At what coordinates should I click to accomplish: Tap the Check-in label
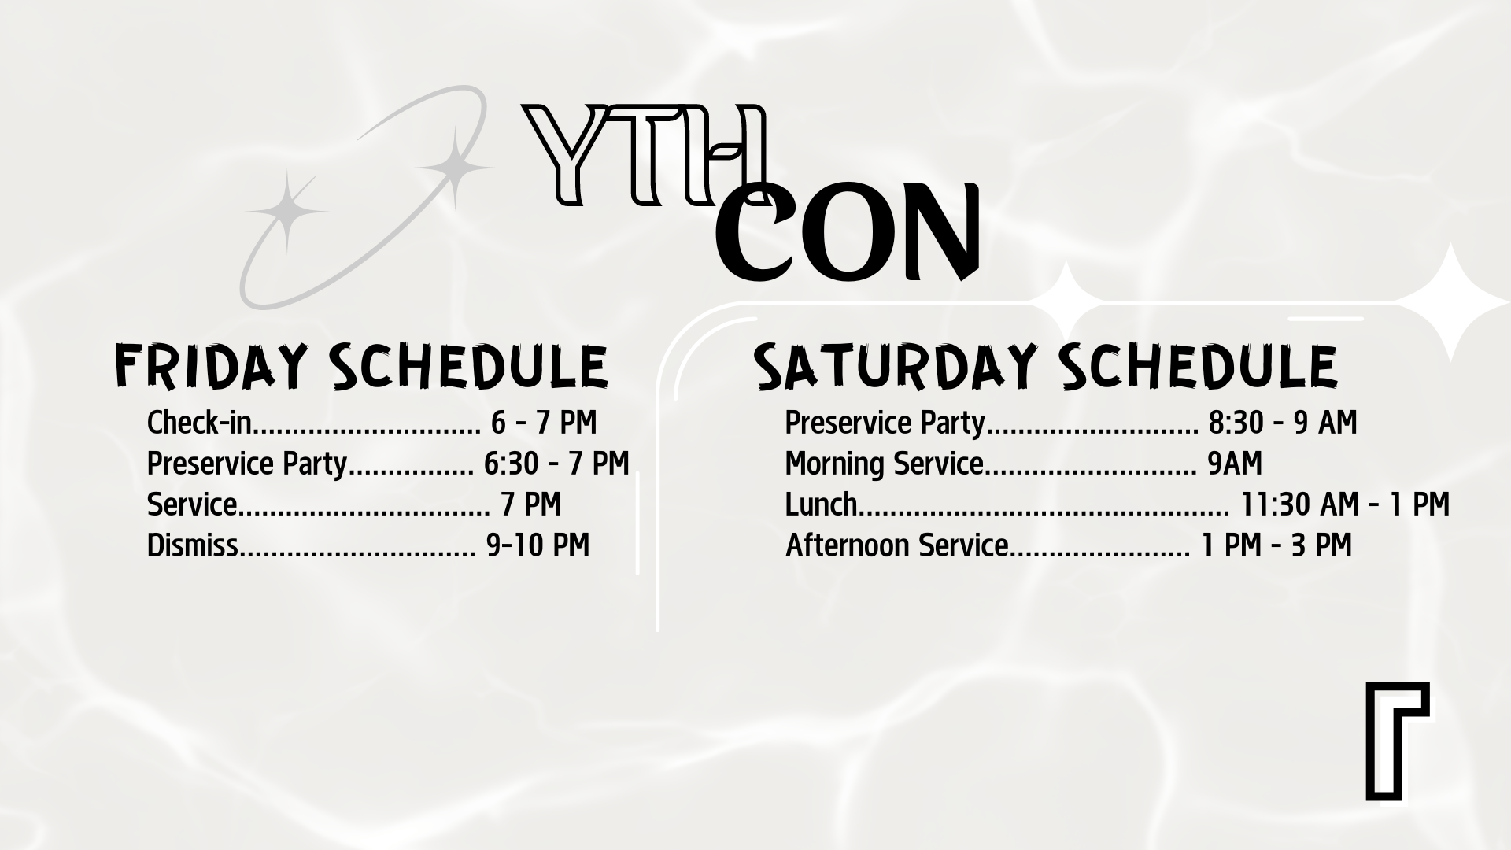[199, 423]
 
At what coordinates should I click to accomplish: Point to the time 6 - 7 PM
[544, 423]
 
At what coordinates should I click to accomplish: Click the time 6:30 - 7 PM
[557, 464]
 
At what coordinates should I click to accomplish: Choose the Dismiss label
[192, 545]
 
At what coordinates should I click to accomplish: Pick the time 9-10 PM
[538, 545]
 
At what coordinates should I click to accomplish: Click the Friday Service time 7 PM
[531, 504]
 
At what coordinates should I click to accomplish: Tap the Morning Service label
[885, 464]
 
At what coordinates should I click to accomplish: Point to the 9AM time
[1235, 464]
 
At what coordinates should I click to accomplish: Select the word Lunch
[822, 504]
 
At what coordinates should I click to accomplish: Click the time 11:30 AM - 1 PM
[1345, 504]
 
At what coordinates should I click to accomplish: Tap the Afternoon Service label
[897, 545]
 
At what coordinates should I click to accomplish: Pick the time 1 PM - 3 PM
[1276, 545]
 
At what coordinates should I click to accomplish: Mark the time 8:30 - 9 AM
[1283, 423]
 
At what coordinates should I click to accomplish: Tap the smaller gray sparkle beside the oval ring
[286, 211]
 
